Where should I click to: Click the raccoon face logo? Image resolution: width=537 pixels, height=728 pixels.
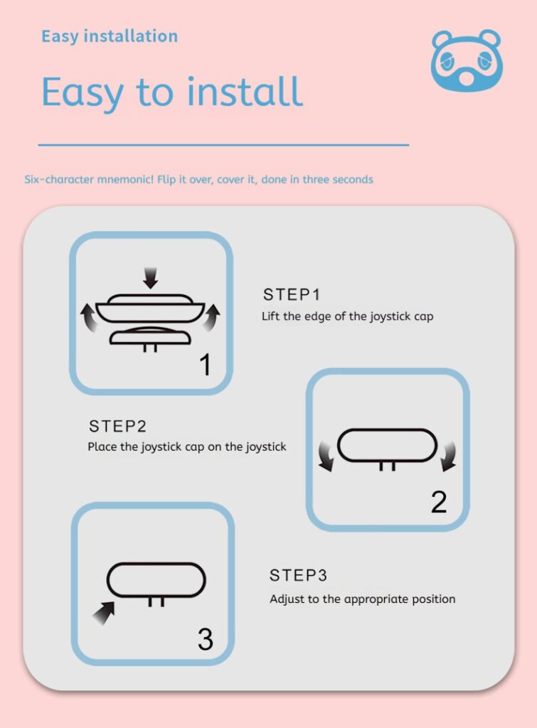pyautogui.click(x=467, y=60)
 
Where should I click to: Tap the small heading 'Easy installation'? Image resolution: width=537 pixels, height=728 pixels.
pyautogui.click(x=110, y=36)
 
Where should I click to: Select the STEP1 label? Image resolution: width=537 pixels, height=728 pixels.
pyautogui.click(x=292, y=294)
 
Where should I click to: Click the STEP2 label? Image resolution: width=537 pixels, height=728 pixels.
pyautogui.click(x=117, y=426)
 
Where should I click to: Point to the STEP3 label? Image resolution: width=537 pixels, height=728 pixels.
pyautogui.click(x=298, y=575)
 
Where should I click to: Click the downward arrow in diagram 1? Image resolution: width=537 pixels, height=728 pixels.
pyautogui.click(x=150, y=278)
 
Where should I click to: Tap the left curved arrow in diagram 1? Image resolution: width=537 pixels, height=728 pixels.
pyautogui.click(x=89, y=318)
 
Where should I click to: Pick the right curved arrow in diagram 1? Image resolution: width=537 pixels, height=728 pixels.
pyautogui.click(x=211, y=318)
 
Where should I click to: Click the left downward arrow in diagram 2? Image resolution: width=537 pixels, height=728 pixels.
pyautogui.click(x=326, y=456)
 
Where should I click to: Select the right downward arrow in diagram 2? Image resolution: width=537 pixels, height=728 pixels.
pyautogui.click(x=449, y=456)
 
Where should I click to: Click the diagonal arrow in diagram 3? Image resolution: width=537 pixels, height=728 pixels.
pyautogui.click(x=104, y=613)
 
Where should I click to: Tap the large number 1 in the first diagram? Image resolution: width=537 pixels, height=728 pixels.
pyautogui.click(x=206, y=365)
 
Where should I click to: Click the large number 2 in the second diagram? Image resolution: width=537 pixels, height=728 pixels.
pyautogui.click(x=439, y=501)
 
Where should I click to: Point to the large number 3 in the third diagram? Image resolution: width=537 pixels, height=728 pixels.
pyautogui.click(x=206, y=639)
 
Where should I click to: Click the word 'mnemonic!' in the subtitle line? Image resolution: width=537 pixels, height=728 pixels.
pyautogui.click(x=125, y=179)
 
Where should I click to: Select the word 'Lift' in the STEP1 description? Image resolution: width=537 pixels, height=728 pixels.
pyautogui.click(x=270, y=316)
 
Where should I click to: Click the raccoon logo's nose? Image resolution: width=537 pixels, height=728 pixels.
pyautogui.click(x=467, y=77)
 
